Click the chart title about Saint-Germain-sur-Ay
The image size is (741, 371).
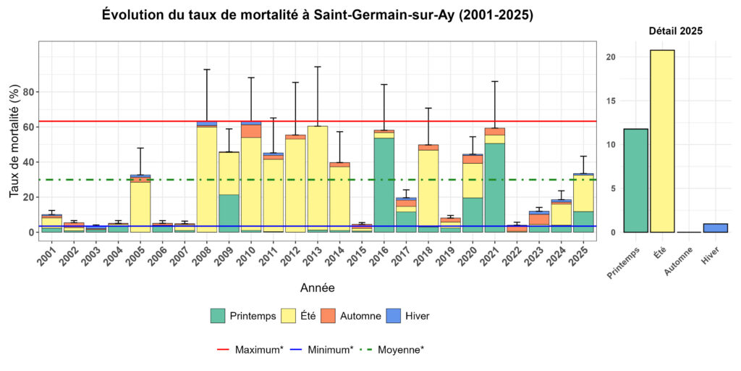[318, 15]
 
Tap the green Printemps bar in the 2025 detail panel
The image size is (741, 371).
[626, 180]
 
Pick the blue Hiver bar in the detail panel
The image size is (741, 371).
[716, 228]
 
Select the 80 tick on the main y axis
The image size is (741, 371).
[29, 92]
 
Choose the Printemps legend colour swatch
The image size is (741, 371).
[218, 316]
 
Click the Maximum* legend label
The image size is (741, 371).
[259, 350]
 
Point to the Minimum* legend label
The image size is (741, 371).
[330, 350]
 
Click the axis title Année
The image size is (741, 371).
[317, 288]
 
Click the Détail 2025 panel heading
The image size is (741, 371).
[674, 31]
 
